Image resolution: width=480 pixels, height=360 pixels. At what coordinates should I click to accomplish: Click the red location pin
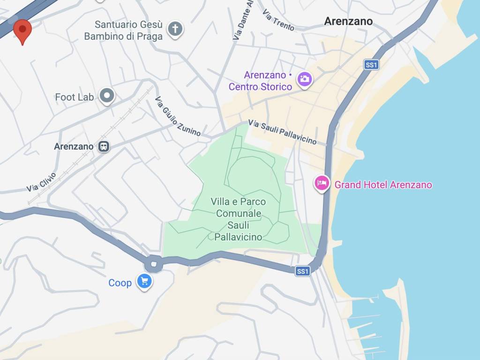22,30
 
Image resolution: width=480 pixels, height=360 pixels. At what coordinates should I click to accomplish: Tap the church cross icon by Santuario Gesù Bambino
175,29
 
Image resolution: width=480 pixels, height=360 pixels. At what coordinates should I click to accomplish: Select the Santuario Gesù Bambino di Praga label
123,30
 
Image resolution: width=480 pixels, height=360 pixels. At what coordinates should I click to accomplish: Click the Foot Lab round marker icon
107,96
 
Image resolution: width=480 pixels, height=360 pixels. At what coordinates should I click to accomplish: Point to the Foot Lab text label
75,97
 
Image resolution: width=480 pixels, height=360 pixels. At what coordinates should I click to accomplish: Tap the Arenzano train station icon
104,146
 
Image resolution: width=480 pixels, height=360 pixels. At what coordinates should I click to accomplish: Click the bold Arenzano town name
348,21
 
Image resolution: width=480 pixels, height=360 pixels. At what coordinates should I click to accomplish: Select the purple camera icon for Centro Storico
304,78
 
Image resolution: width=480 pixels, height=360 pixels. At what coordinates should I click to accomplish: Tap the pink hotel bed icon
321,182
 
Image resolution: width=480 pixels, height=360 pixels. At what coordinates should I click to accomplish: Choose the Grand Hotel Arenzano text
383,185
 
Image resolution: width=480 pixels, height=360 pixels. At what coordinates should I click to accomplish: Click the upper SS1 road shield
371,65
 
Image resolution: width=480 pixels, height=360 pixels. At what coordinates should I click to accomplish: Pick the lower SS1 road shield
303,271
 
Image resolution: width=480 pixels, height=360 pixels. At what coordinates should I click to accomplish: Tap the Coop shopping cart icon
144,281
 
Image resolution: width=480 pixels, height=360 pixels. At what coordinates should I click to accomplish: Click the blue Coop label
120,283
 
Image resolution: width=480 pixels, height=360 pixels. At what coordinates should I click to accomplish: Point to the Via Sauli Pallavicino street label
282,132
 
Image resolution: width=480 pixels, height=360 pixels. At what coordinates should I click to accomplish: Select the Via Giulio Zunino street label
178,117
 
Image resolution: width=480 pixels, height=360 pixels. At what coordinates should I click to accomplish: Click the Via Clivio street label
41,182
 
